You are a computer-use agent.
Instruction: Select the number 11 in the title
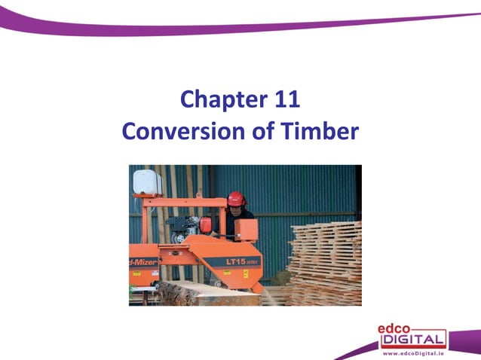[285, 99]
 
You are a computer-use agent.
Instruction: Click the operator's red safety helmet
[237, 198]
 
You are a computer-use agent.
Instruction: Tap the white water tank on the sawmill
[147, 182]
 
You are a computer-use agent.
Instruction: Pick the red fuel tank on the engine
[205, 224]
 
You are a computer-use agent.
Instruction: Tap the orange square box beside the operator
[246, 229]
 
